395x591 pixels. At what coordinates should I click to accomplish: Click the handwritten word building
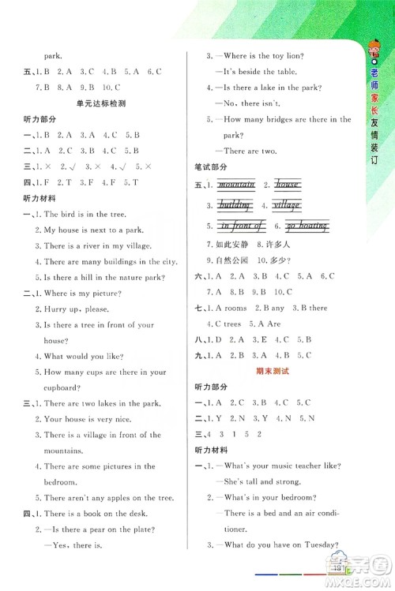click(235, 204)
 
